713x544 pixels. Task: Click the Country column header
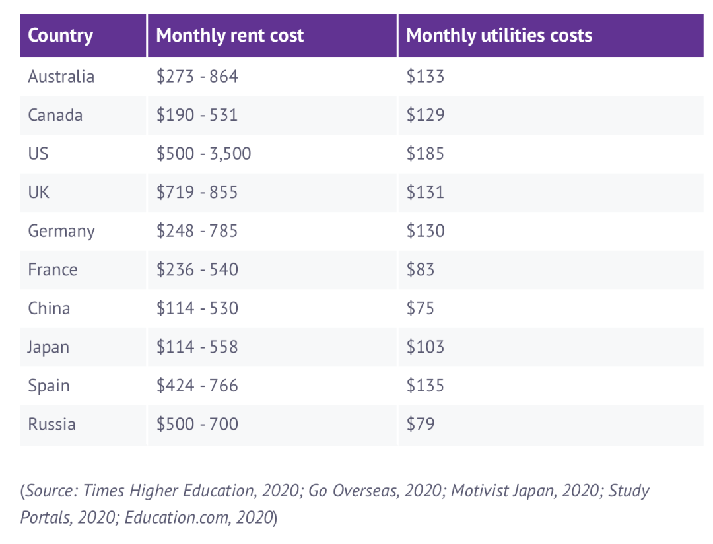point(61,36)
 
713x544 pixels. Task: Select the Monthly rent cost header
point(230,36)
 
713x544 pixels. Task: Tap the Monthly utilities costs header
point(499,36)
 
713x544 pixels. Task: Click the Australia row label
point(61,77)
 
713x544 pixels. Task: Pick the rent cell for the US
point(204,154)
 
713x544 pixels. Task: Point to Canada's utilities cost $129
point(425,115)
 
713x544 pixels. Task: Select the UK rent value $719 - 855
point(197,192)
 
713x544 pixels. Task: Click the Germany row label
point(61,232)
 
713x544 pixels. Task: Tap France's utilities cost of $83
point(420,270)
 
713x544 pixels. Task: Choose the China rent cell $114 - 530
point(197,308)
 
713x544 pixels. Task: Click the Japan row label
point(48,347)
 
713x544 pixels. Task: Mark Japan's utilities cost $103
point(425,347)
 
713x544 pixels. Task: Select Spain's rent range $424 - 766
point(197,386)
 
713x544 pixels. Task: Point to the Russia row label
point(51,425)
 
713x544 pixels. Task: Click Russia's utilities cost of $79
point(420,425)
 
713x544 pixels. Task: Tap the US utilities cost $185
point(425,154)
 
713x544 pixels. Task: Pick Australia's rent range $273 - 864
point(197,77)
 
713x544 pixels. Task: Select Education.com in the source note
point(176,518)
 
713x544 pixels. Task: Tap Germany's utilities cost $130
point(425,231)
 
